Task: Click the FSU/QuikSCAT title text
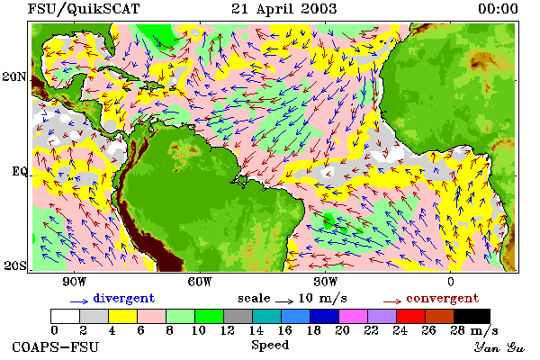(x=84, y=9)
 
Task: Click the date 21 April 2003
(x=283, y=9)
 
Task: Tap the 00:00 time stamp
(x=498, y=9)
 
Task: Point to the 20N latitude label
(x=14, y=76)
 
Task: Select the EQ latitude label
(x=20, y=171)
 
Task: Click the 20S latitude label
(x=15, y=265)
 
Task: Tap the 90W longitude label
(x=75, y=282)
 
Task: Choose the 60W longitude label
(x=200, y=282)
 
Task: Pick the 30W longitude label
(x=326, y=282)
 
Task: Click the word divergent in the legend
(x=124, y=298)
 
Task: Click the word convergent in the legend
(x=443, y=298)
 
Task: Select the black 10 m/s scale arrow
(x=284, y=301)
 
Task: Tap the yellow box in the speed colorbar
(x=123, y=316)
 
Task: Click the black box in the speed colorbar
(x=472, y=316)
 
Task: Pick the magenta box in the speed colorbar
(x=354, y=316)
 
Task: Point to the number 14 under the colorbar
(x=256, y=330)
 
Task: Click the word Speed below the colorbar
(x=270, y=346)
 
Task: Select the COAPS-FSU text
(x=56, y=346)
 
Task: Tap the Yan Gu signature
(x=499, y=347)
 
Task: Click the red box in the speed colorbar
(x=411, y=316)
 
